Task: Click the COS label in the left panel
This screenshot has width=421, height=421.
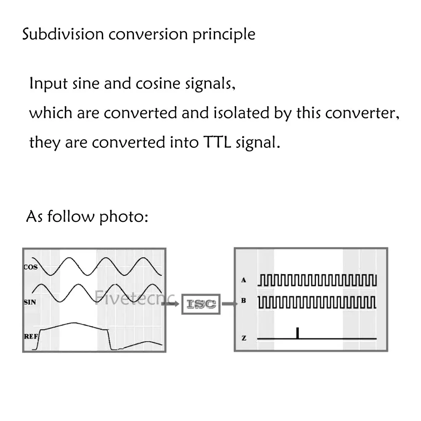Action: click(x=31, y=267)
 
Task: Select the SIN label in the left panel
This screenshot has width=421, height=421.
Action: click(x=30, y=302)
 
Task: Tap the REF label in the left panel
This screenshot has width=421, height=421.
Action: click(x=30, y=336)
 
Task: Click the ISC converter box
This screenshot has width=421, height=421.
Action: click(x=201, y=304)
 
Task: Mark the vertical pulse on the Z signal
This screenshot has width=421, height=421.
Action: click(x=297, y=333)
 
